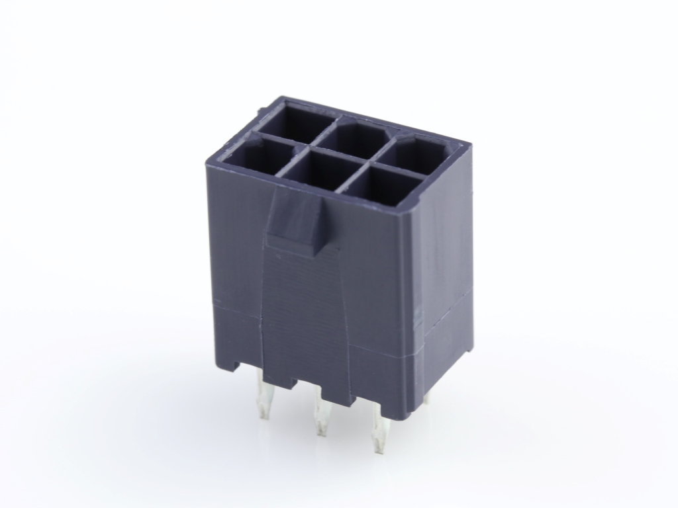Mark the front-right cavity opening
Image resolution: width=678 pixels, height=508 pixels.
(379, 187)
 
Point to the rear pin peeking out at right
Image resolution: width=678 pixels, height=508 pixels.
(427, 398)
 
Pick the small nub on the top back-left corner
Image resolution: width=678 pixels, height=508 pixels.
(263, 106)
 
